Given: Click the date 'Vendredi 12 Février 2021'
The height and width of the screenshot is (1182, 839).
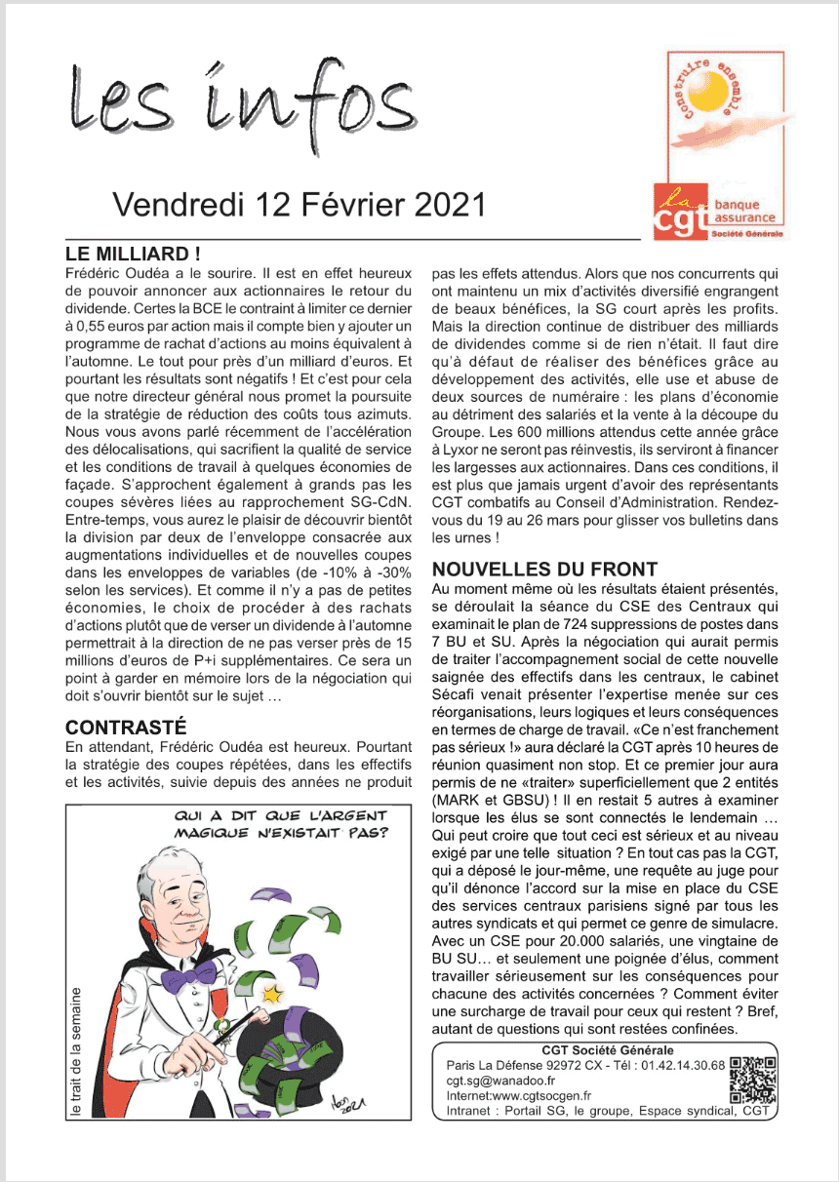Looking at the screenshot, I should (x=299, y=204).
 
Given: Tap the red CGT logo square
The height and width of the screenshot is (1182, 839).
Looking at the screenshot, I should (x=682, y=213).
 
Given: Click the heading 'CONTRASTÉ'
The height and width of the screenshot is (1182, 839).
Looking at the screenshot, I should (x=126, y=728).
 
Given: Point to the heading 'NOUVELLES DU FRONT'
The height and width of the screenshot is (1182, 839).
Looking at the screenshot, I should (x=544, y=569).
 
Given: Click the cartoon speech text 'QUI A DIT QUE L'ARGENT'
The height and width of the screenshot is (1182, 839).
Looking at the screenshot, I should (x=280, y=815).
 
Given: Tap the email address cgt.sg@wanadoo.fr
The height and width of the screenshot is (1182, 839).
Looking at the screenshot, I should (x=500, y=1081).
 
